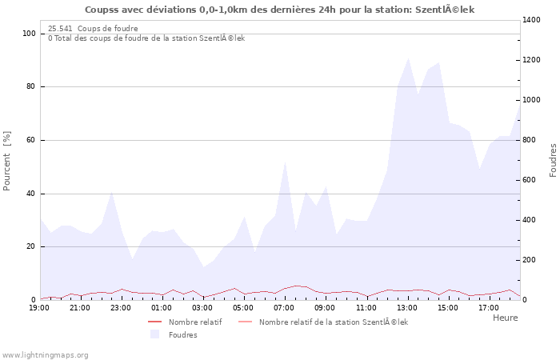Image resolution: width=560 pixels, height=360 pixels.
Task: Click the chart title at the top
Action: (279, 10)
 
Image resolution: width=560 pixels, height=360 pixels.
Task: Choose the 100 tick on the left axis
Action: (29, 34)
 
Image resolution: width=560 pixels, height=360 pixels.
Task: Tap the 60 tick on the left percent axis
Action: (30, 140)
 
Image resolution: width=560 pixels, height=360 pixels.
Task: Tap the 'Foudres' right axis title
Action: (553, 160)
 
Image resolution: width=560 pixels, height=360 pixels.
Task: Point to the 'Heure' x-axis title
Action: (505, 318)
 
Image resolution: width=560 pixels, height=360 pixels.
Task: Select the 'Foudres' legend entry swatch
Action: (155, 334)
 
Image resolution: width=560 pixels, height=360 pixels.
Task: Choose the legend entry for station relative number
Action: (333, 322)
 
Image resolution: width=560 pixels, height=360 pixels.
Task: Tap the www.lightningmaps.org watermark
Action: (46, 354)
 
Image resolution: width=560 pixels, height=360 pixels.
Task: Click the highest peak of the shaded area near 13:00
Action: (409, 58)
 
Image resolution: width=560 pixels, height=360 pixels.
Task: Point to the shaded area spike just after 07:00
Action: (286, 162)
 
